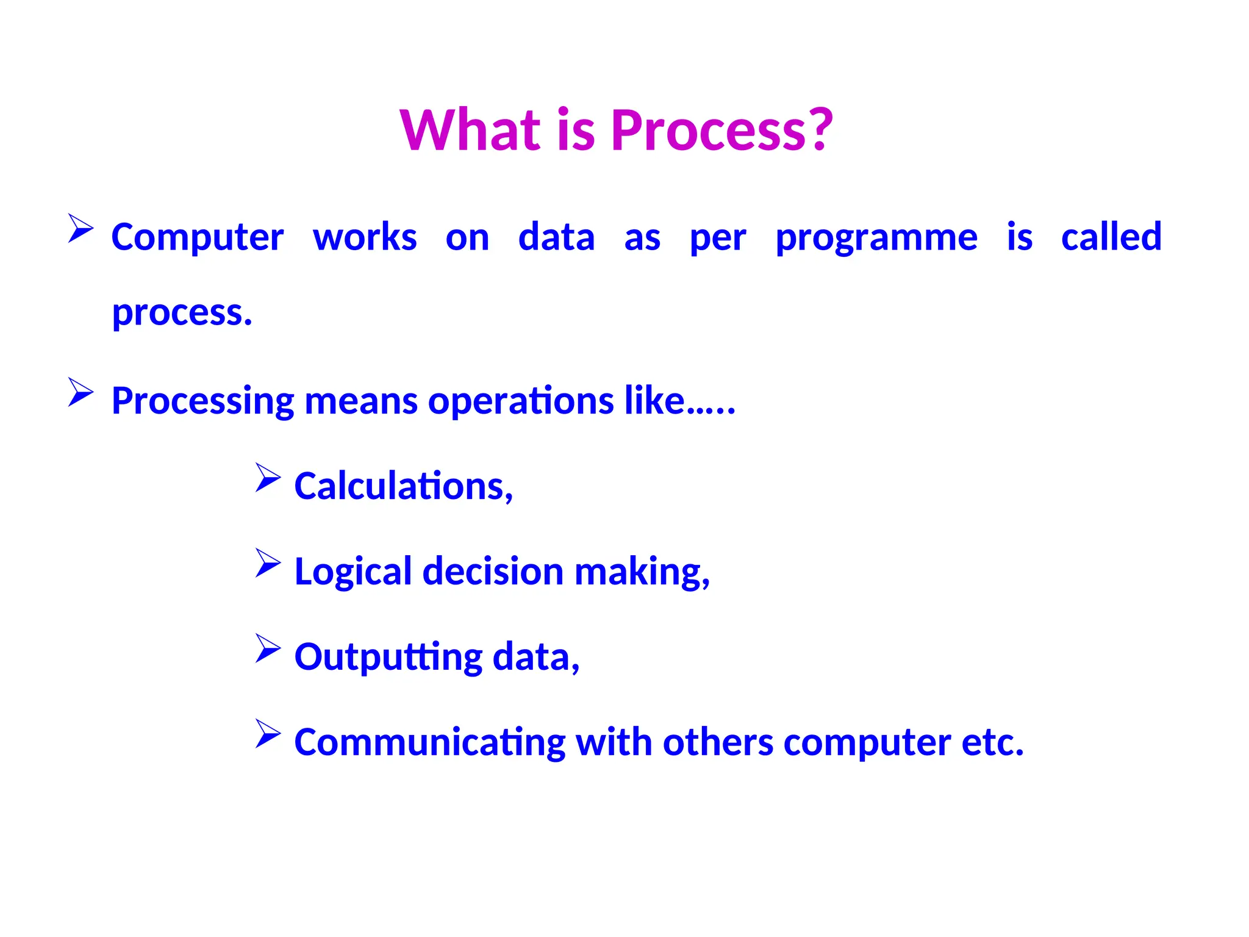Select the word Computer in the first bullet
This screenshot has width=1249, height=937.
[197, 237]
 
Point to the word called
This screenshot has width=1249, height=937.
[1111, 237]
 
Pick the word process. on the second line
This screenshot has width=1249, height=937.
[182, 313]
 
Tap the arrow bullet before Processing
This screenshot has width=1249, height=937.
[81, 392]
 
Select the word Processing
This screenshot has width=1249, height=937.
[203, 402]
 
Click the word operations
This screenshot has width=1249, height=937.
[521, 402]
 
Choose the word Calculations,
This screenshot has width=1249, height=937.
[403, 486]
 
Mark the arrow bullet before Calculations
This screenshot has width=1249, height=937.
[268, 477]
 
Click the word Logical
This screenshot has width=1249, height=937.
[353, 572]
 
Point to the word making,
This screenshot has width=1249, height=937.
[642, 572]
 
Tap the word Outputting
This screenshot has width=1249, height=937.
[388, 658]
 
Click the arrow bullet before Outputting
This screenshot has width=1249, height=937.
[268, 648]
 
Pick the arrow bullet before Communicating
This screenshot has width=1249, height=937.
[268, 733]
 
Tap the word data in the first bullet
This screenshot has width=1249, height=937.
[556, 237]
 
